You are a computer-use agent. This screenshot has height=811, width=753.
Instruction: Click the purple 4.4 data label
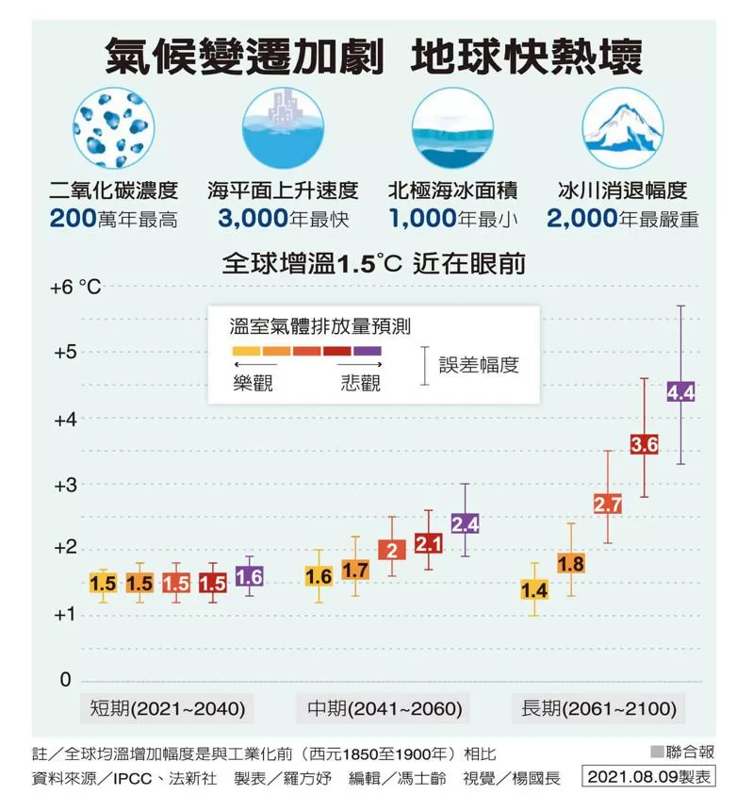coord(680,392)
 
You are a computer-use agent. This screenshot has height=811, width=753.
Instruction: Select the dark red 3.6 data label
coord(644,444)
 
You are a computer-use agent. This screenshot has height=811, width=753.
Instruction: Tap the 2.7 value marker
coord(607,504)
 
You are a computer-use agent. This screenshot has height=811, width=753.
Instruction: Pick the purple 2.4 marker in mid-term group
coord(466,524)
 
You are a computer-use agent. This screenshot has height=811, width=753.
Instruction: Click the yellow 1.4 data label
coord(533,589)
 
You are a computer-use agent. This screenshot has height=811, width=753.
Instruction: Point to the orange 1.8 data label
coord(570,563)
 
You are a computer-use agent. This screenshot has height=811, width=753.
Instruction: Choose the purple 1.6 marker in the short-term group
coord(249,576)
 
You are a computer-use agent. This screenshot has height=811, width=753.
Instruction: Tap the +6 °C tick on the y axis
coord(75,287)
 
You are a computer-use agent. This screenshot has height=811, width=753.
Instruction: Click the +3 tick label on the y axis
coord(65,485)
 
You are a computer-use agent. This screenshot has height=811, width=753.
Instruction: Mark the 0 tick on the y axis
coord(65,679)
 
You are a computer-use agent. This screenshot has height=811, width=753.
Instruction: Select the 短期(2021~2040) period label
coord(168,707)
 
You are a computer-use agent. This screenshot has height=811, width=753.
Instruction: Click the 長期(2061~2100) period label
coord(598,707)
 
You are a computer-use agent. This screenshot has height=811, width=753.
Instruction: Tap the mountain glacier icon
coord(622,128)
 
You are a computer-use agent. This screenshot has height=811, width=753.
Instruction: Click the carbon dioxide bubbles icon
coord(114,128)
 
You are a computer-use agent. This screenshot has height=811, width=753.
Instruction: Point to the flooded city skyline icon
coord(284,128)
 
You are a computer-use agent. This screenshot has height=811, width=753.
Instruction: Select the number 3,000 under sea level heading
coord(253,218)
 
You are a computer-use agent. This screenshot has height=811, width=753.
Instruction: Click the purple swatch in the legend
coord(368,351)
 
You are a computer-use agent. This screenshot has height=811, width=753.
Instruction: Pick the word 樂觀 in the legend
coord(253,383)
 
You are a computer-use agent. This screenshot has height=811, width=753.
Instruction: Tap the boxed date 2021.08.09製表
coord(648,776)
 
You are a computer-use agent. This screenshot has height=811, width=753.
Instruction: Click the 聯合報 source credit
coord(690,752)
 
